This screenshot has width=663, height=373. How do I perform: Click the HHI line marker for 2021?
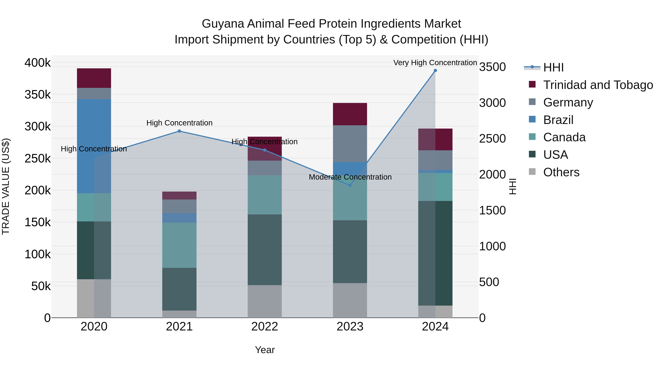179,131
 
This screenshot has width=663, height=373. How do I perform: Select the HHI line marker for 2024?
435,71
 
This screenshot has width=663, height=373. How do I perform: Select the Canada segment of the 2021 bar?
179,245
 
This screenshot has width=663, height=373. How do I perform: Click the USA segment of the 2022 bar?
265,250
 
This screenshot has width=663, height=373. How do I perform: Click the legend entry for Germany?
568,102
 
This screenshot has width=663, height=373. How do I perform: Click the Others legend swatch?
532,172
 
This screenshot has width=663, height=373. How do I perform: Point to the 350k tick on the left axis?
38,94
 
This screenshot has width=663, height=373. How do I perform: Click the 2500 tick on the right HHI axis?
492,139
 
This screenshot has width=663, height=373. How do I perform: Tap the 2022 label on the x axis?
265,327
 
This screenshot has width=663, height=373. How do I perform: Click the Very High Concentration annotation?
435,63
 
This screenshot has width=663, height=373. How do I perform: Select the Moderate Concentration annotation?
350,177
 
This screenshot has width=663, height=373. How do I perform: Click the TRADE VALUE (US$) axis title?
6,186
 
